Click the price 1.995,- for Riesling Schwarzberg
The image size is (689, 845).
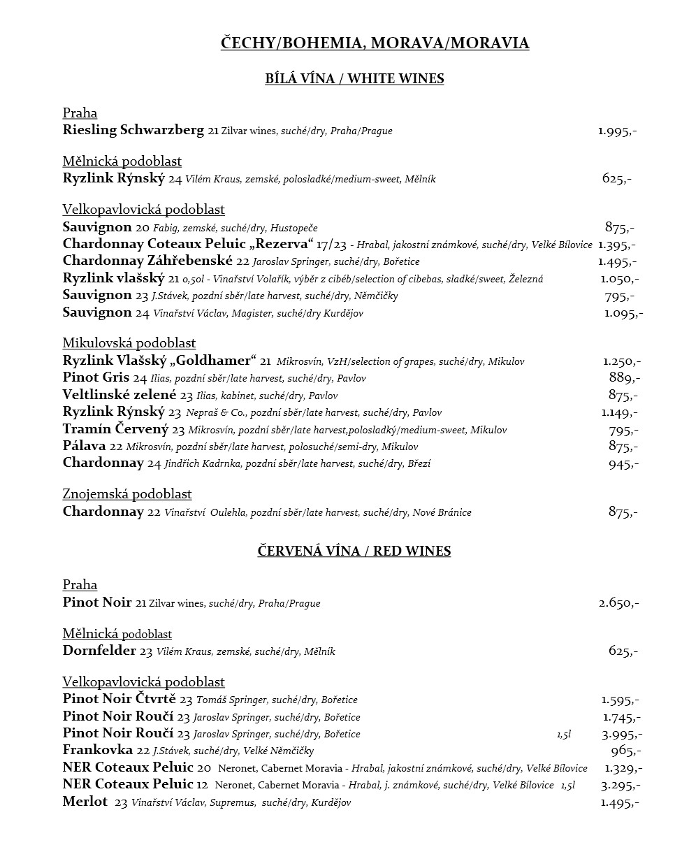[x=617, y=131]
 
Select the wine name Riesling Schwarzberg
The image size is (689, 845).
[x=133, y=130]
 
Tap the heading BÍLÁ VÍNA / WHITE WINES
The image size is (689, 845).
[x=354, y=78]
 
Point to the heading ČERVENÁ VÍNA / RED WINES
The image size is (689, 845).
[x=354, y=551]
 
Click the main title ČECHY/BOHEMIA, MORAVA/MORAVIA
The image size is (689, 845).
[x=375, y=43]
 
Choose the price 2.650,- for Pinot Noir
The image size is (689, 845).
[x=618, y=602]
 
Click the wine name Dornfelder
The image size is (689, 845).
[x=99, y=651]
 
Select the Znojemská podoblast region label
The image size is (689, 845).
[x=127, y=494]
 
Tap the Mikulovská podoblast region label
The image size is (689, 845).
[x=129, y=343]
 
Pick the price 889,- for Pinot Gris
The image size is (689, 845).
[x=624, y=378]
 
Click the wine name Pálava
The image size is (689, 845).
[x=84, y=446]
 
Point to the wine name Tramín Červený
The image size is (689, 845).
[x=116, y=429]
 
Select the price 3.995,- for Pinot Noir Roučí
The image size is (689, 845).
[x=621, y=734]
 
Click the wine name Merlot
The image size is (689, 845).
[x=85, y=802]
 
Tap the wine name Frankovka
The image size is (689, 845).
[x=97, y=751]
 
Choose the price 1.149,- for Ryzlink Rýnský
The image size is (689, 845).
[x=619, y=412]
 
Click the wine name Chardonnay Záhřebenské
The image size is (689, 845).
[x=147, y=261]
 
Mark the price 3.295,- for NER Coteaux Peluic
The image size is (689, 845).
[x=621, y=785]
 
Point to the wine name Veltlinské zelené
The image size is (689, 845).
[x=119, y=395]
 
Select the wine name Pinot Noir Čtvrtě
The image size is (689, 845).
[x=119, y=699]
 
